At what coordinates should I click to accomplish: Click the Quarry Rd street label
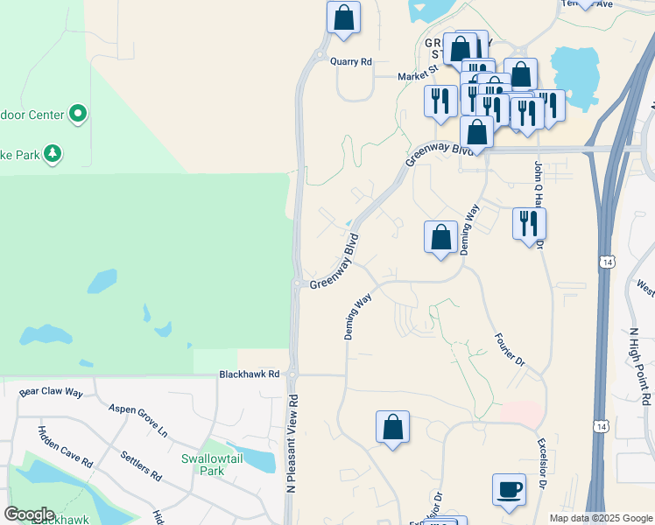[351, 62]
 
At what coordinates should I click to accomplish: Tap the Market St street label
[418, 75]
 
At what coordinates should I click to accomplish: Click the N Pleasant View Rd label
[292, 443]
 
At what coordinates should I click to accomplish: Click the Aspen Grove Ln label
[137, 420]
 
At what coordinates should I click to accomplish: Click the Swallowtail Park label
[203, 465]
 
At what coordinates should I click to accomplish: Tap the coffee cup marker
[509, 489]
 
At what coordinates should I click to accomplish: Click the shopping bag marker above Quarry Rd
[344, 17]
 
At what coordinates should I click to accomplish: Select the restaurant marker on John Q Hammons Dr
[529, 223]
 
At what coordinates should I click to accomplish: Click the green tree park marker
[53, 154]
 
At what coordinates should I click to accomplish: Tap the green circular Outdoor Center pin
[78, 113]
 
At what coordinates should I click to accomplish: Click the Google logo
[29, 514]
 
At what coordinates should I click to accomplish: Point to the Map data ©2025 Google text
[600, 518]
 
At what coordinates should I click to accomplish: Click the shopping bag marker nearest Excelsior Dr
[393, 427]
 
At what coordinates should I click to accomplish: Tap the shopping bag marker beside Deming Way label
[440, 236]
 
